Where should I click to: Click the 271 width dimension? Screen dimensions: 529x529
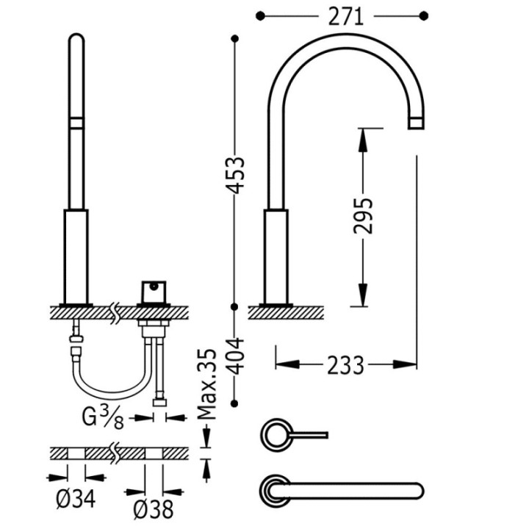[346, 17]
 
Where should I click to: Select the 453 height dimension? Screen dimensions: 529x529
[235, 175]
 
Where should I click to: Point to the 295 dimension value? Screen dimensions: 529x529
[364, 216]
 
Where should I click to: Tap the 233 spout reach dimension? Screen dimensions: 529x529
[346, 365]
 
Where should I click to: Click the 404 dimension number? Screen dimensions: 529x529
[235, 356]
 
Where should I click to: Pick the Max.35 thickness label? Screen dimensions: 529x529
[206, 384]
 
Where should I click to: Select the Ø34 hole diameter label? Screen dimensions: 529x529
[76, 499]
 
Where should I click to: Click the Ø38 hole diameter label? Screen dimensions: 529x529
[154, 509]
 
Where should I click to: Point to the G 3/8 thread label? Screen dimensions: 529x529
[103, 417]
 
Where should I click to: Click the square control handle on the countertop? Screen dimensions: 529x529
[154, 292]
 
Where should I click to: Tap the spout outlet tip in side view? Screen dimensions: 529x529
[416, 123]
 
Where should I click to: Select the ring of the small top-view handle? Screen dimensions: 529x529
[276, 434]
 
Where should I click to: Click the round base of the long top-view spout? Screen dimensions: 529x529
[274, 491]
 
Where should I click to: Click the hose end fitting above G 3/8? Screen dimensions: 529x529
[159, 403]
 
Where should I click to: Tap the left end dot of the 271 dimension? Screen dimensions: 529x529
[260, 16]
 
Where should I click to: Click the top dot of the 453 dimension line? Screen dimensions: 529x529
[235, 39]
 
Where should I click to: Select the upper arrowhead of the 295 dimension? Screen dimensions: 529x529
[363, 140]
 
